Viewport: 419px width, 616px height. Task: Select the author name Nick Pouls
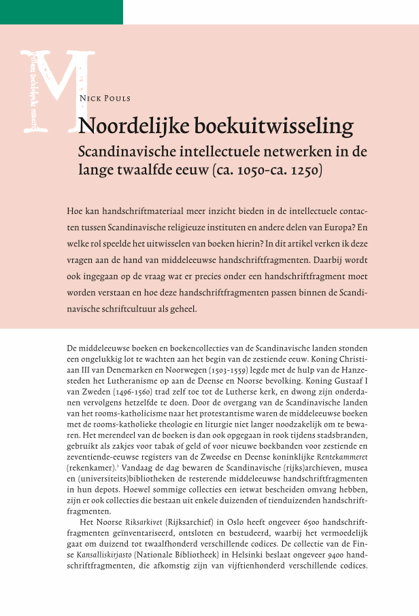pyautogui.click(x=105, y=98)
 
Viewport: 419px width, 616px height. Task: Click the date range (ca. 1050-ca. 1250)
pyautogui.click(x=277, y=169)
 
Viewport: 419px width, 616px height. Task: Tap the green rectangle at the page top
pyautogui.click(x=61, y=12)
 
